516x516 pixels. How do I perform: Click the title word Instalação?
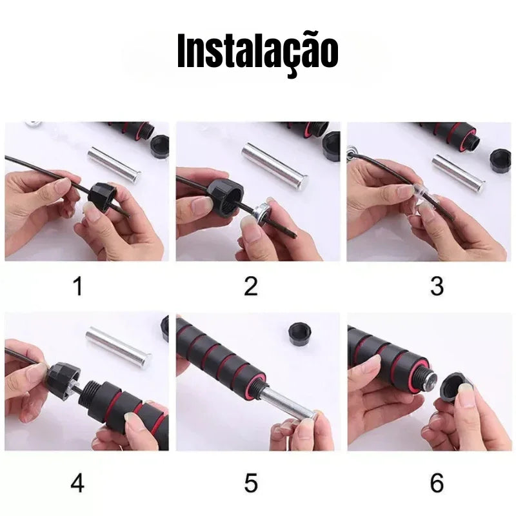coord(257,54)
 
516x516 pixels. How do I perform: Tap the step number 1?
coord(77,286)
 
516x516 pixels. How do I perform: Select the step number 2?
coord(251,286)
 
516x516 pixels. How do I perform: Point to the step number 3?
coord(437,286)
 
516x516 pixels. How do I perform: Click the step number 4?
coord(77,482)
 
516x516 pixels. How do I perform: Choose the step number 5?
coord(251,483)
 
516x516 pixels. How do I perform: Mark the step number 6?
coord(437,483)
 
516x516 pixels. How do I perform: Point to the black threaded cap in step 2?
coord(225,197)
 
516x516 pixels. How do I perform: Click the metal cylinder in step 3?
coord(459,173)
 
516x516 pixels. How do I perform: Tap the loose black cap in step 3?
coord(501,160)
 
